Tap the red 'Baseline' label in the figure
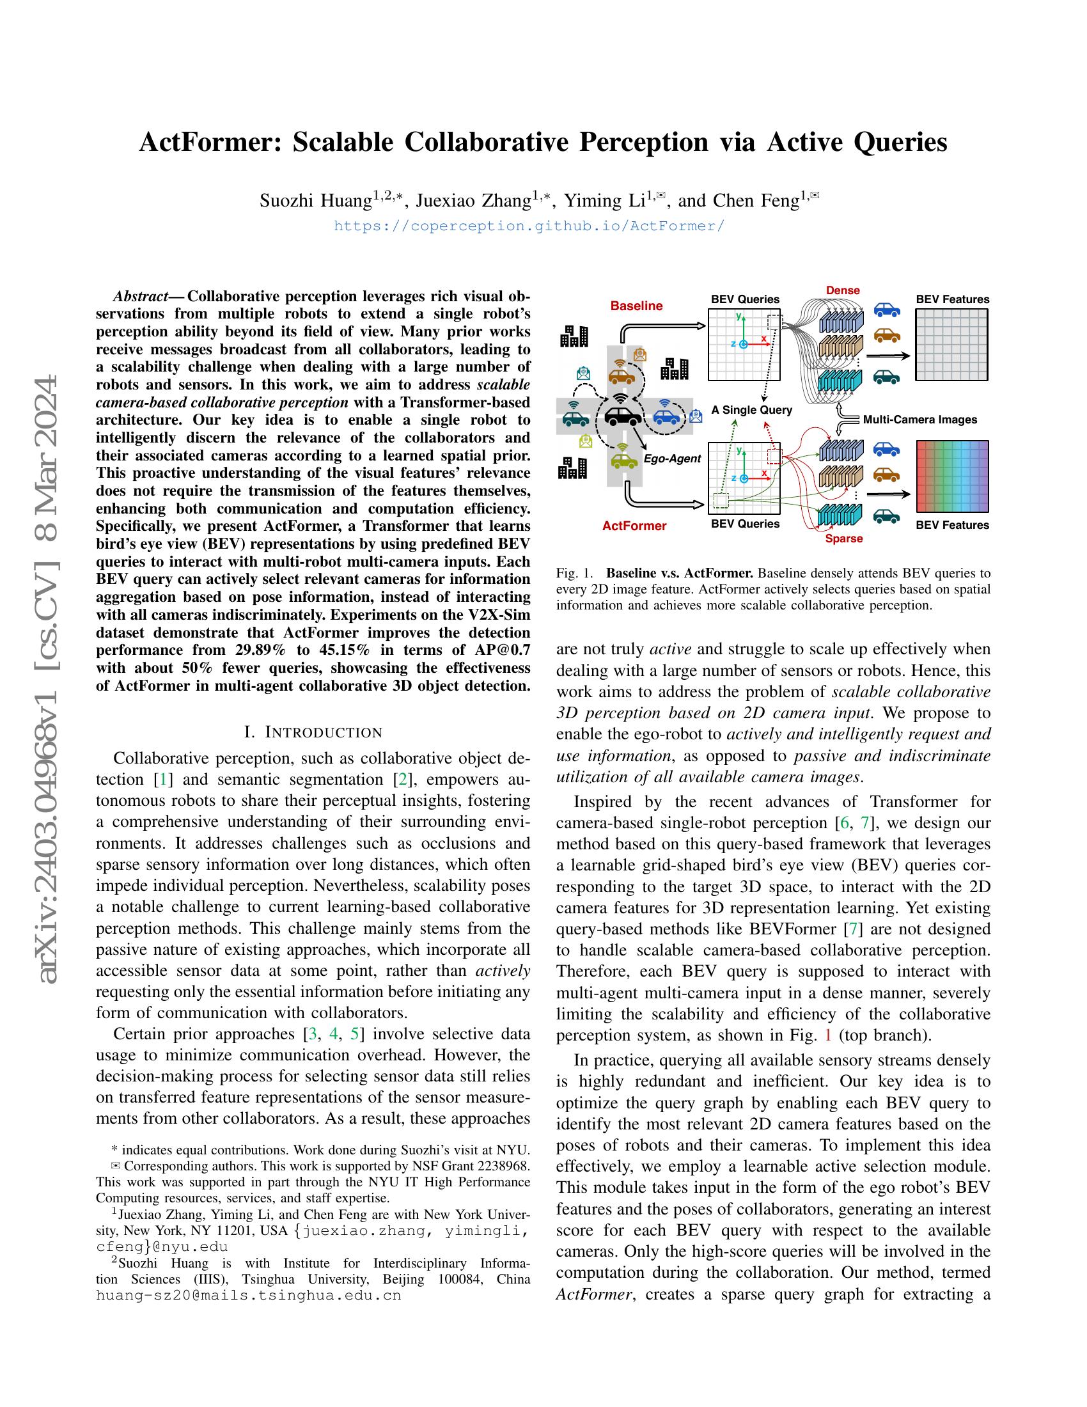point(636,306)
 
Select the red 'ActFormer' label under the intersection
point(634,526)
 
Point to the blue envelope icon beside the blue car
point(695,416)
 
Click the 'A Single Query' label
point(751,410)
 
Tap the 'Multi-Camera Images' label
point(919,420)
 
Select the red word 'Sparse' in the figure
point(843,538)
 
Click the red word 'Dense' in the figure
point(843,290)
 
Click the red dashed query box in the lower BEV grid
point(774,457)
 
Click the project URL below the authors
point(529,226)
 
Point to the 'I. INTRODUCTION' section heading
point(313,732)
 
